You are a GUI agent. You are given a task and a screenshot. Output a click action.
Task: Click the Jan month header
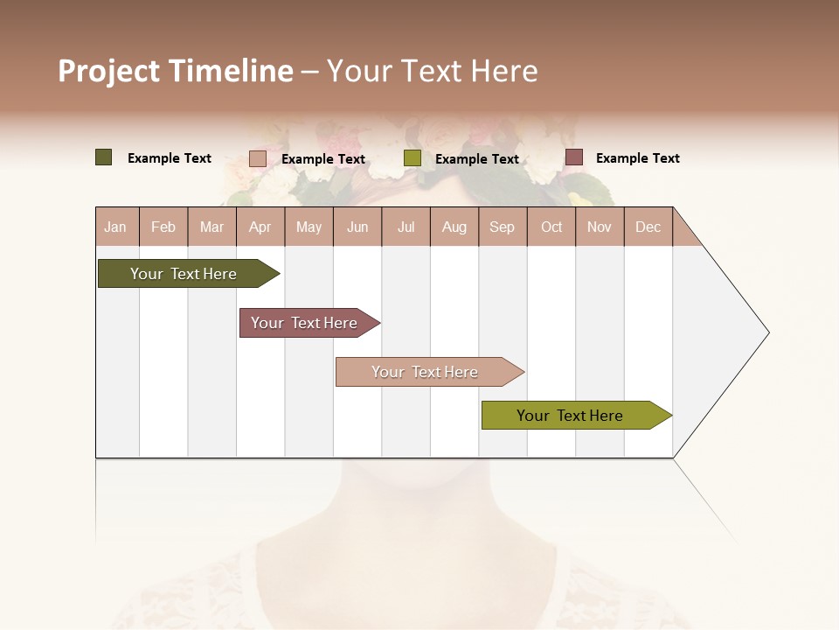115,227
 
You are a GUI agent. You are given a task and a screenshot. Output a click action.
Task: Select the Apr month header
260,227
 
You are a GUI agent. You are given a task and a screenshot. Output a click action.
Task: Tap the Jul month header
406,227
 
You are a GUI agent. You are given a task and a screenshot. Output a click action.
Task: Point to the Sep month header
502,227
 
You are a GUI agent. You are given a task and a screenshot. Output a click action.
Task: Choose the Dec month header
648,227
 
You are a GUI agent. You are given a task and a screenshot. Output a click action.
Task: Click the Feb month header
163,227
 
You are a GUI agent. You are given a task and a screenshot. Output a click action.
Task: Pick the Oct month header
551,227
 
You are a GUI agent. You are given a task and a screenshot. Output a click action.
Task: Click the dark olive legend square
104,157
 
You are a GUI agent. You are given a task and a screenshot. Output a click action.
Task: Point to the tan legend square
258,158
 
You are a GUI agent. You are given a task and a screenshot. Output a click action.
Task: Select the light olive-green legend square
413,158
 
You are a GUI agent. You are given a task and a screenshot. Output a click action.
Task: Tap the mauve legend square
574,157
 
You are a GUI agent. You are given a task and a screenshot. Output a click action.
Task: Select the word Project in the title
108,71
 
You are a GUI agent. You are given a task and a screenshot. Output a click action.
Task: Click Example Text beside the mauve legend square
637,158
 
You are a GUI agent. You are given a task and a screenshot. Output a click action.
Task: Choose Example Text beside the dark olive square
170,158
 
